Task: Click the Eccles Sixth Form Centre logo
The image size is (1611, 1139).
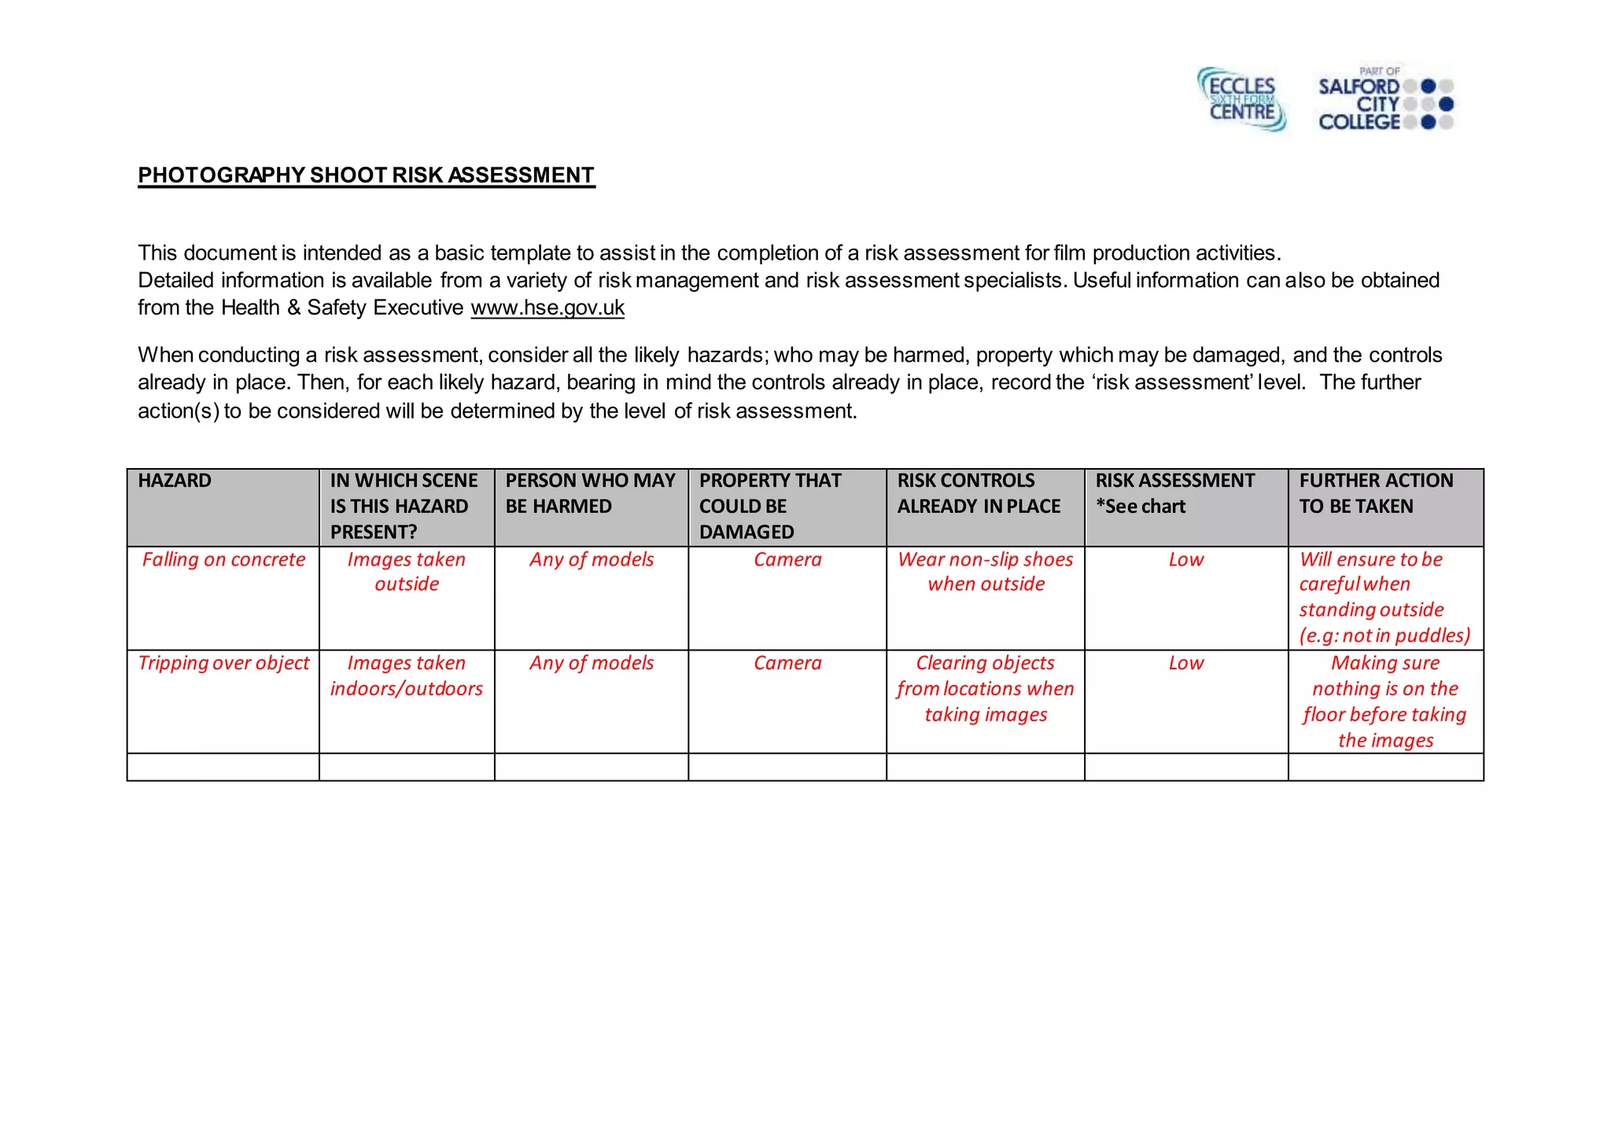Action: point(1241,99)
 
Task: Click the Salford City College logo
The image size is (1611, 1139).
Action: point(1384,100)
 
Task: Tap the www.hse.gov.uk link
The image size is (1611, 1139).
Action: point(547,308)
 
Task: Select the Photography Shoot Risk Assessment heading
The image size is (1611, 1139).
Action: point(367,175)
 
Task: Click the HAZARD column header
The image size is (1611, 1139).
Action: point(175,481)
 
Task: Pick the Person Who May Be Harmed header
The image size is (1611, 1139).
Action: point(590,493)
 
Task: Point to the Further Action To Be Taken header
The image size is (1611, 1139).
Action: point(1375,493)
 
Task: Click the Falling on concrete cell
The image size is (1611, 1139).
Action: point(223,559)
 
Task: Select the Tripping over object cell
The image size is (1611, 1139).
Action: point(223,663)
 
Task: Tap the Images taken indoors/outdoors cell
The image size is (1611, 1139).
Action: point(407,676)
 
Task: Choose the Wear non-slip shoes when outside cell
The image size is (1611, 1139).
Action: point(986,572)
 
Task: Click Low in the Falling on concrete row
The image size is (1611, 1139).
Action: point(1185,559)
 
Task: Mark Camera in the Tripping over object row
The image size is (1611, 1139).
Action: point(787,663)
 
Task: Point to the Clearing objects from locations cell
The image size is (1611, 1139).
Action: point(986,688)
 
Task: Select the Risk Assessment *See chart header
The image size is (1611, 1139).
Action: point(1174,493)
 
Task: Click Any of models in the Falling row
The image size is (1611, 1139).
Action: point(592,559)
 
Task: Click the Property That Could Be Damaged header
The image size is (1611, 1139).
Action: point(769,506)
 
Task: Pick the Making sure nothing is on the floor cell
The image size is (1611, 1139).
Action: point(1385,702)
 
